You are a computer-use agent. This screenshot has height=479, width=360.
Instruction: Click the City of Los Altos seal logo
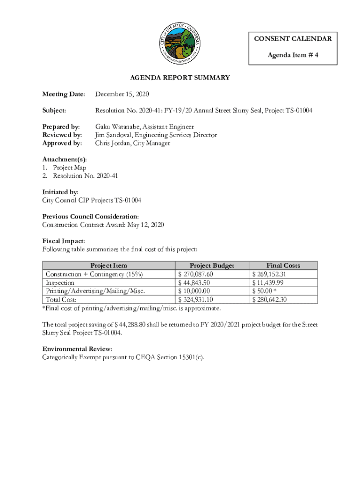(x=180, y=44)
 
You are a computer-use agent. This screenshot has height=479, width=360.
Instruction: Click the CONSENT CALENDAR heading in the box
(x=293, y=38)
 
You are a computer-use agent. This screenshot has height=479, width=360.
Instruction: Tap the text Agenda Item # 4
(x=293, y=55)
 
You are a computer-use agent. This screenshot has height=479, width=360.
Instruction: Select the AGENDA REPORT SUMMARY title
(x=180, y=78)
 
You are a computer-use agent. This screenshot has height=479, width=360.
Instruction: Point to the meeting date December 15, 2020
(x=122, y=94)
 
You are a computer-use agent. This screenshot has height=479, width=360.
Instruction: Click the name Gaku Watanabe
(x=117, y=127)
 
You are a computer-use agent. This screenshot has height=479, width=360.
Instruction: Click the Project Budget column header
(x=212, y=265)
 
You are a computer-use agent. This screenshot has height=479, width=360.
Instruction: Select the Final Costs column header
(x=283, y=265)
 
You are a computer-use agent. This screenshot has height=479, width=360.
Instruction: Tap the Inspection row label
(x=59, y=283)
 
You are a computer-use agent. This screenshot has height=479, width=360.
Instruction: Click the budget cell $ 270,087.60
(x=195, y=274)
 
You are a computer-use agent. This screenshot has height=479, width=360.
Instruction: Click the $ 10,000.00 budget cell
(x=194, y=291)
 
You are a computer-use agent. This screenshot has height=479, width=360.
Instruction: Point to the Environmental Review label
(x=77, y=349)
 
